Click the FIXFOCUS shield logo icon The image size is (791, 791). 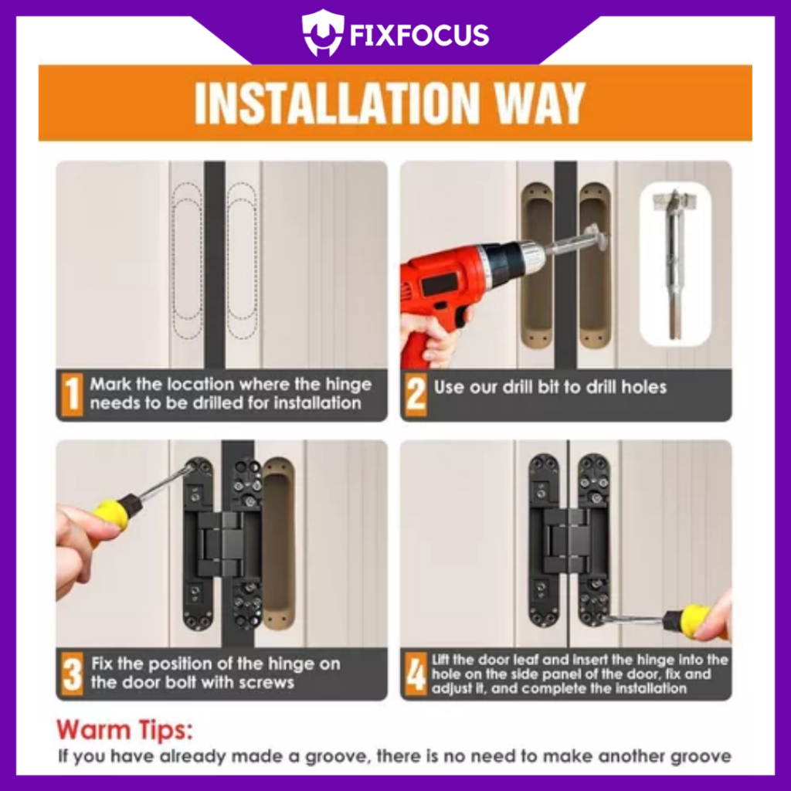tap(323, 33)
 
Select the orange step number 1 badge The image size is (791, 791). tap(72, 394)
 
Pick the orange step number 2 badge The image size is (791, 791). tap(416, 394)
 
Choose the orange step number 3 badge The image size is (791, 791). tap(72, 674)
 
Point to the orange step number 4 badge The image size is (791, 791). tap(416, 674)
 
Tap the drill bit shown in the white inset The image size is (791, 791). tap(674, 265)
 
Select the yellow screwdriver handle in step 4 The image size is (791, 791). tap(698, 622)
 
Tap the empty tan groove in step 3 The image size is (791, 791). tap(278, 544)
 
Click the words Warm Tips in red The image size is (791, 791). tap(124, 730)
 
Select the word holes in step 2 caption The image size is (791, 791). tap(643, 387)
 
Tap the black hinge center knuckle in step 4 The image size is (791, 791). tap(569, 541)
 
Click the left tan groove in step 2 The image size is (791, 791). tap(537, 266)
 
